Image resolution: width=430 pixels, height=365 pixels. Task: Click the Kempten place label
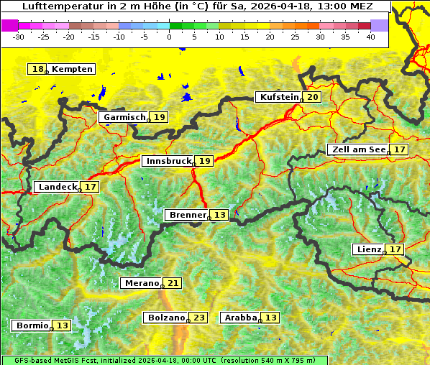[73, 69]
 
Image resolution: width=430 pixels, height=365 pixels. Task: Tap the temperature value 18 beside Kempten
[37, 69]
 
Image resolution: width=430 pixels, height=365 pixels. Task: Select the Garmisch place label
[124, 117]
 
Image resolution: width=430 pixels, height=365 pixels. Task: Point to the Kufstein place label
[278, 97]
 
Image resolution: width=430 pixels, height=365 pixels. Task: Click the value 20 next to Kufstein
[313, 97]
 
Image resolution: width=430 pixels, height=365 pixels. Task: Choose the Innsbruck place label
[168, 161]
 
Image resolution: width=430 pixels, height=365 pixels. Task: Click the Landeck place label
[58, 187]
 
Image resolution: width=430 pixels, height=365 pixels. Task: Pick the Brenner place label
[187, 215]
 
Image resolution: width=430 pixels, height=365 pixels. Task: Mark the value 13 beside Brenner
[220, 215]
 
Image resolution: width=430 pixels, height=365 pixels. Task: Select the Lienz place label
[370, 249]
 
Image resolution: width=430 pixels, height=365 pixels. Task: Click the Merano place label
[140, 283]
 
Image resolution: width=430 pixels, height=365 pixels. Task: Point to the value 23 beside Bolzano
[199, 318]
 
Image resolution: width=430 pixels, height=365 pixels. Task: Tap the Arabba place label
[241, 318]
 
